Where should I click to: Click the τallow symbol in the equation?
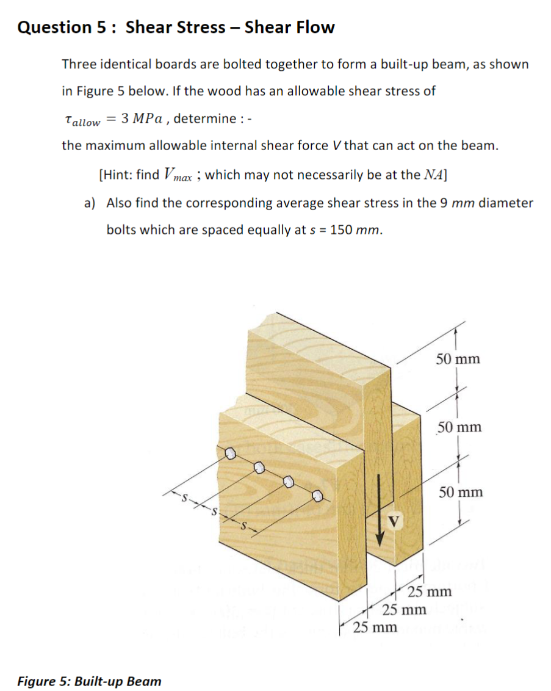click(82, 120)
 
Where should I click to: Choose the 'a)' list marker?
click(90, 203)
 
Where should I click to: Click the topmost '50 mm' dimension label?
click(458, 359)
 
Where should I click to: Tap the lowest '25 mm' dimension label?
click(375, 627)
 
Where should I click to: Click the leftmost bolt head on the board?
click(231, 454)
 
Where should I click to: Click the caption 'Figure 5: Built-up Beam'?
click(89, 681)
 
